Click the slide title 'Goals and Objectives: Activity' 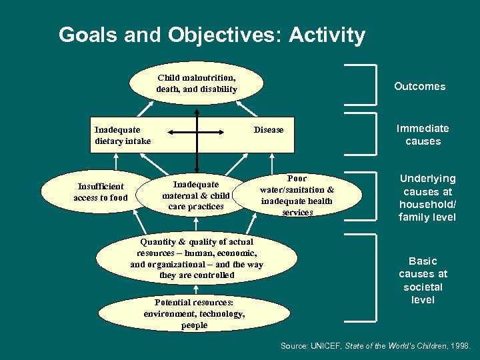pyautogui.click(x=211, y=35)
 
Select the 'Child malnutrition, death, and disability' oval pyautogui.click(x=197, y=83)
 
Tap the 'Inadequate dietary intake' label pyautogui.click(x=123, y=135)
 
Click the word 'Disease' pyautogui.click(x=269, y=129)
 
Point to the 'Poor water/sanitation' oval pyautogui.click(x=297, y=195)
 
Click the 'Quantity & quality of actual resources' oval pyautogui.click(x=197, y=258)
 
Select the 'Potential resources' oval pyautogui.click(x=195, y=313)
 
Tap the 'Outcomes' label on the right pyautogui.click(x=419, y=86)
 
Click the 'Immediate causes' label pyautogui.click(x=423, y=135)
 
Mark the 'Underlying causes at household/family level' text pyautogui.click(x=427, y=197)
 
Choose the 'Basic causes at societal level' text pyautogui.click(x=423, y=280)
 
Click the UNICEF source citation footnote pyautogui.click(x=375, y=346)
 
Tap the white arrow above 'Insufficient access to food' pyautogui.click(x=117, y=162)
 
